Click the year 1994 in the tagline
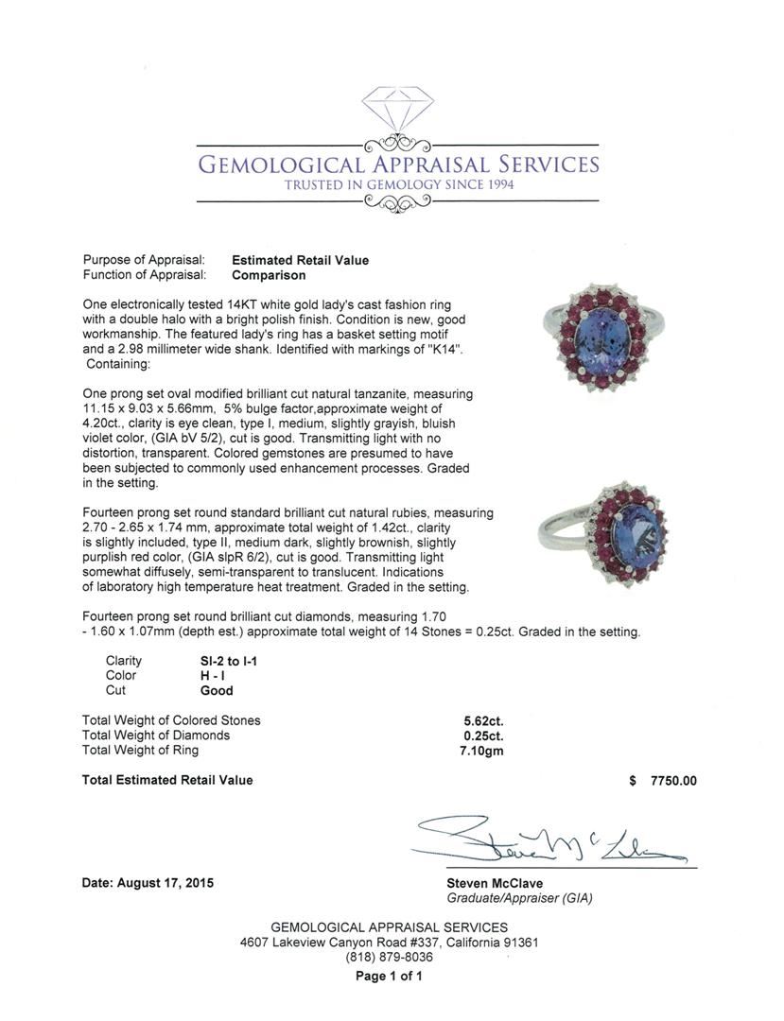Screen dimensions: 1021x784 497,184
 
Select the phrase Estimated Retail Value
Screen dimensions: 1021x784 300,260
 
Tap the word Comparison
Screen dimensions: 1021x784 269,275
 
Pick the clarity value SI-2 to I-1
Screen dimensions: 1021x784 222,661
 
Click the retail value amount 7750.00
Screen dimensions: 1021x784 673,781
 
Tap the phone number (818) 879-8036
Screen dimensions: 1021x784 389,957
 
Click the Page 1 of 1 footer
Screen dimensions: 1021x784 389,977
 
